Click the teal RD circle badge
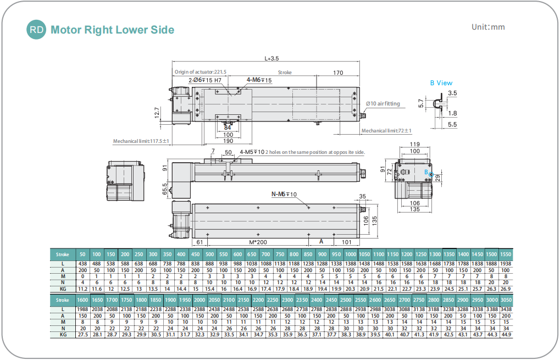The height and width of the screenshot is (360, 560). [37, 30]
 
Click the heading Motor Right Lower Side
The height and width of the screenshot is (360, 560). [112, 30]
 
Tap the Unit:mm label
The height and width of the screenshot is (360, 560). [488, 27]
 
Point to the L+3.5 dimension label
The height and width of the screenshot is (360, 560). [273, 58]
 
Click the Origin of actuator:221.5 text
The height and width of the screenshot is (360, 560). [200, 72]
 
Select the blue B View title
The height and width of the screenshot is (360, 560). [441, 83]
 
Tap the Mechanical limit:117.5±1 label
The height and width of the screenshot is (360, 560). [141, 141]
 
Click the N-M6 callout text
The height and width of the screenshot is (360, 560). [284, 195]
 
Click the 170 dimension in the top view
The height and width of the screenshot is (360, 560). [338, 72]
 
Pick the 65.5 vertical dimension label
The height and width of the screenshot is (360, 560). [165, 190]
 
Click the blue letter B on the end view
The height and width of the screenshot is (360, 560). [425, 172]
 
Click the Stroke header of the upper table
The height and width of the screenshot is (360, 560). [63, 254]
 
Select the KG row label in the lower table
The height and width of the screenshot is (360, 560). [63, 334]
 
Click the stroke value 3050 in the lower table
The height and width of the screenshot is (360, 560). [506, 300]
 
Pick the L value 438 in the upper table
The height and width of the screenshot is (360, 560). [82, 264]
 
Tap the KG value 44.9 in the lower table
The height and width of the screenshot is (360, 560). [506, 334]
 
